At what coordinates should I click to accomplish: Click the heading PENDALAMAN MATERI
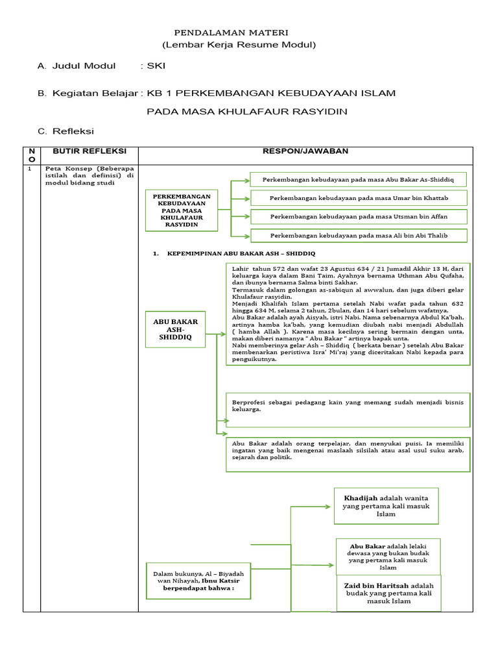point(231,32)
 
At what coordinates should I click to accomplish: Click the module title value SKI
point(156,66)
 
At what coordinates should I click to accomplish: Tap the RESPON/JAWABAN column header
point(305,151)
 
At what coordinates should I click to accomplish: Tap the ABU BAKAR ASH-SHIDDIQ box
point(175,331)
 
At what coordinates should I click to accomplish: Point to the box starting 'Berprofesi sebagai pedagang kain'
point(348,406)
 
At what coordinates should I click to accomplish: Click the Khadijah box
point(386,506)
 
